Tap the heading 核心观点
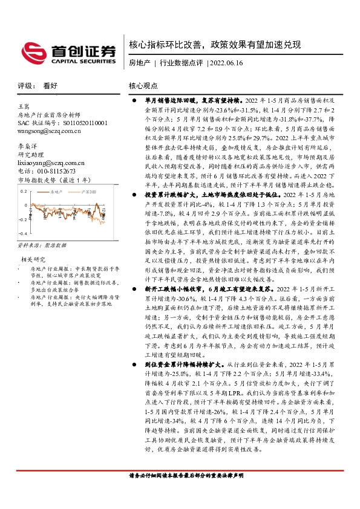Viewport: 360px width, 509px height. tap(143, 86)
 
